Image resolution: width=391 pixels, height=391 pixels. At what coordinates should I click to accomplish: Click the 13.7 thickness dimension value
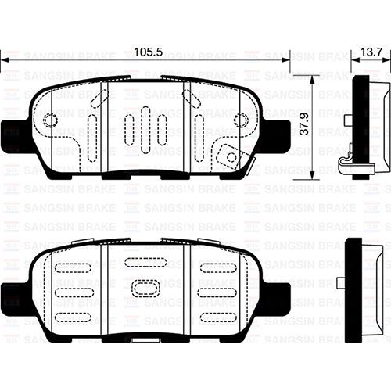[371, 52]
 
